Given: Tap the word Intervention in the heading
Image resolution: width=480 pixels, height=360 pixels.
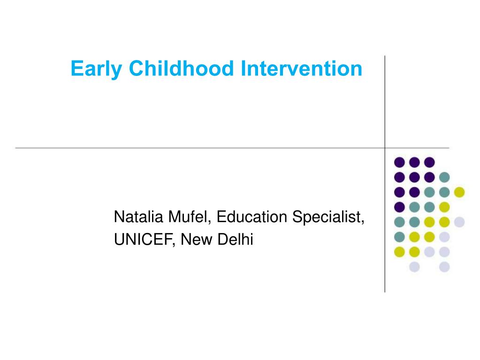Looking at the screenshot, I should coord(302,69).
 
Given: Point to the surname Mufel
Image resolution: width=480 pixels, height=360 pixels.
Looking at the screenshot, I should coord(186,217).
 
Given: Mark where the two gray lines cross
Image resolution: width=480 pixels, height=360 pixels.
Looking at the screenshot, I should coord(385,148).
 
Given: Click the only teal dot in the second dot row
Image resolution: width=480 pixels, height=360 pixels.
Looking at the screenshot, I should coord(444,177).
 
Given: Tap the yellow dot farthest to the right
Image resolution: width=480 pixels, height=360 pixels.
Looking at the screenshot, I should coord(459,192).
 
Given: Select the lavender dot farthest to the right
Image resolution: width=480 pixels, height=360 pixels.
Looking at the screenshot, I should coord(459,222).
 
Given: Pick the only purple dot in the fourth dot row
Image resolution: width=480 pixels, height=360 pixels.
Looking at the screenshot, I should coord(399,207).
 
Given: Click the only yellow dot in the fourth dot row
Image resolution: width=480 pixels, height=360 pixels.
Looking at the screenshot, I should coord(444,207).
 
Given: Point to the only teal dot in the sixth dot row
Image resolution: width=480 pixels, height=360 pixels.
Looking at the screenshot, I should coord(399,237).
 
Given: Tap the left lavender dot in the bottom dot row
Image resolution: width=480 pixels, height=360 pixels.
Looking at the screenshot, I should coord(414,267).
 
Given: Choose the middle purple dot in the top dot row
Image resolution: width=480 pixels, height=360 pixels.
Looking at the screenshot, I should coord(414,162).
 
